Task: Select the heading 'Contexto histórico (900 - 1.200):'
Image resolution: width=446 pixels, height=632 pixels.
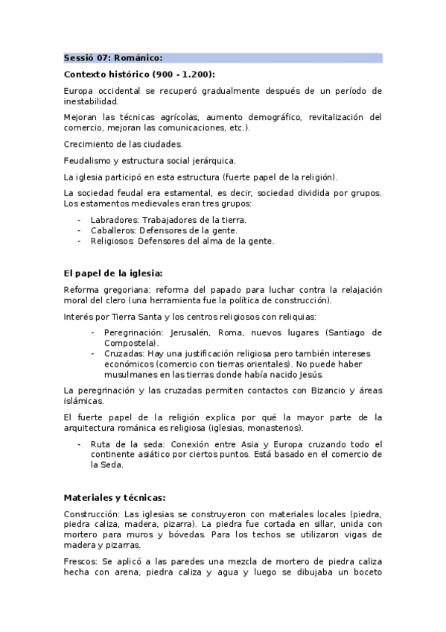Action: [x=139, y=75]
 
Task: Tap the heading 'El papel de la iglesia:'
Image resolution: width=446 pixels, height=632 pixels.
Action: [x=113, y=273]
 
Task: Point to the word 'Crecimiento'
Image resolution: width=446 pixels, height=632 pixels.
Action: [x=89, y=144]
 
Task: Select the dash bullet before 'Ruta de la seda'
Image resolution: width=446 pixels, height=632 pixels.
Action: [x=80, y=443]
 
